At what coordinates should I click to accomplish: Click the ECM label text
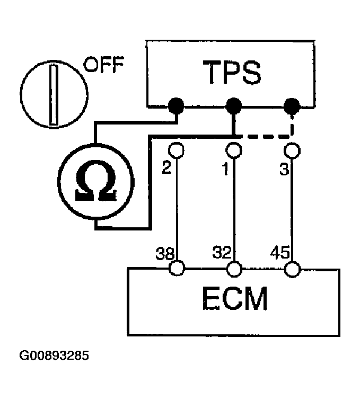[x=234, y=300]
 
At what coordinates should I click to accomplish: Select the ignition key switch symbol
[x=53, y=94]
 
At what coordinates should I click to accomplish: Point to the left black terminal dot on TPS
[x=177, y=107]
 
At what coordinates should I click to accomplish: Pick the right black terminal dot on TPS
[x=291, y=107]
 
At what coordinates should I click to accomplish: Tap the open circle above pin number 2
[x=177, y=150]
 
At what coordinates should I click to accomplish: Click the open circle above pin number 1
[x=233, y=150]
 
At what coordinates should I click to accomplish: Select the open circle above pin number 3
[x=291, y=150]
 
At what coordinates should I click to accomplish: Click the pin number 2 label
[x=166, y=169]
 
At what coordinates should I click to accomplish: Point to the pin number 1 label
[x=225, y=169]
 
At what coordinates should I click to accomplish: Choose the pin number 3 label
[x=282, y=169]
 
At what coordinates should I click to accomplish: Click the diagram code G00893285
[x=54, y=354]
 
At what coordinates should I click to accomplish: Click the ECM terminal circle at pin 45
[x=291, y=270]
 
